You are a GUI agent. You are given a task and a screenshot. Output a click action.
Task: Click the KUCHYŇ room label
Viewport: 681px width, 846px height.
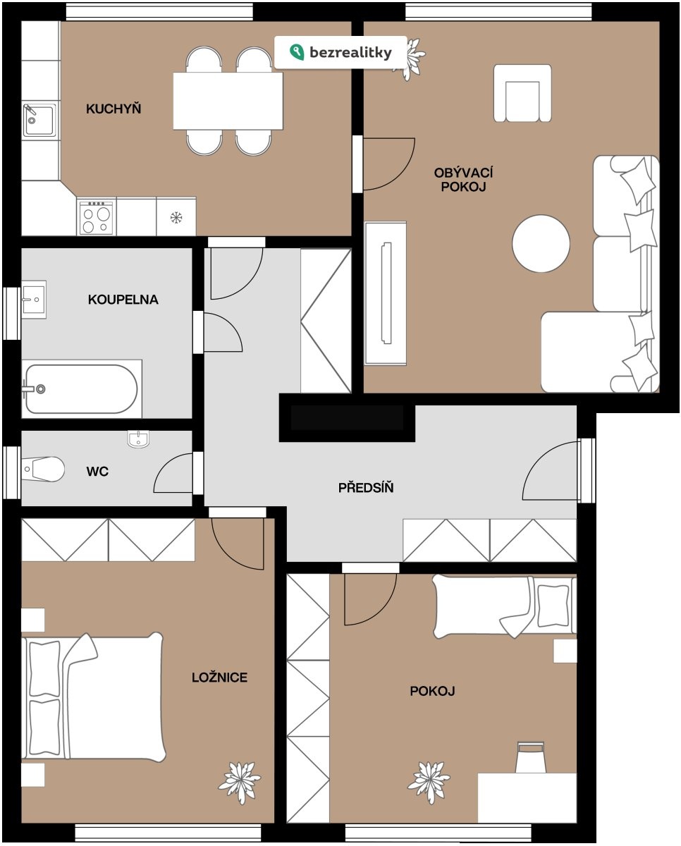pos(114,109)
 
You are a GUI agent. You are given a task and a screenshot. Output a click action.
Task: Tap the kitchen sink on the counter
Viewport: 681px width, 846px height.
pos(39,121)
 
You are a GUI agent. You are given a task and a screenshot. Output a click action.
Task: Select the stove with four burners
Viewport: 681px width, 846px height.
pos(97,216)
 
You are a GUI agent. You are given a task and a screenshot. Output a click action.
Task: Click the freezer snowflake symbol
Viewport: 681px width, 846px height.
pos(176,217)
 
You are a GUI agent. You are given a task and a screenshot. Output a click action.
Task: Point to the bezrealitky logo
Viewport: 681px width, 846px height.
pos(340,52)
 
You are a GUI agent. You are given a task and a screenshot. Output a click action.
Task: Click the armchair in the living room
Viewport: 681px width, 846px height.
pos(522,93)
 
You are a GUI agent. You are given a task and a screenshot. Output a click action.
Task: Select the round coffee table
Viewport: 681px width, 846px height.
pos(541,243)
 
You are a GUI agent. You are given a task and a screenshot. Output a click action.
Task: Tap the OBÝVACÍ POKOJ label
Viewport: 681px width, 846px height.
pos(463,180)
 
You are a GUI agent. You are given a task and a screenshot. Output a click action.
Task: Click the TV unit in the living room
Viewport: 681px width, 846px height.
pos(386,293)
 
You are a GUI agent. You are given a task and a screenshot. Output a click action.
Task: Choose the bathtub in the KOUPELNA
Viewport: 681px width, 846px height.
pos(81,388)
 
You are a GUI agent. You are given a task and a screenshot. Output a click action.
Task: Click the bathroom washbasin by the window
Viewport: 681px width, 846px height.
pos(34,299)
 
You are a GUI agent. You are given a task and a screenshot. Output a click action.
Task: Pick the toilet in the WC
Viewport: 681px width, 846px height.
pos(43,469)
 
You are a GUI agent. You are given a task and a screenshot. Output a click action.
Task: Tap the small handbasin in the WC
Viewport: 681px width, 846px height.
pos(138,439)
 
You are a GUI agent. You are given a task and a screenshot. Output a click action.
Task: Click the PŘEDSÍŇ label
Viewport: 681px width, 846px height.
pos(366,488)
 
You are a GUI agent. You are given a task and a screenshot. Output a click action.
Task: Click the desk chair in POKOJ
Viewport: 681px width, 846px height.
pos(530,758)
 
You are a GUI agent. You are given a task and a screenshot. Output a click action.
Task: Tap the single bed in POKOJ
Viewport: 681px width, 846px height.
pos(505,607)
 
